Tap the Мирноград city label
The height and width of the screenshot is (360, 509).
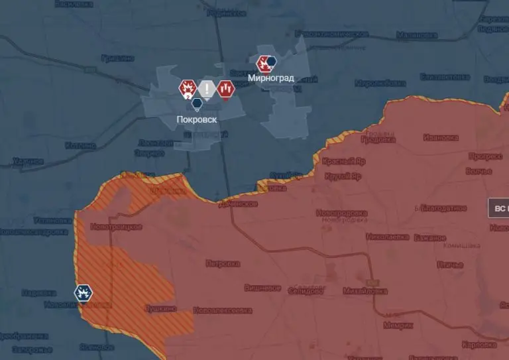(271, 78)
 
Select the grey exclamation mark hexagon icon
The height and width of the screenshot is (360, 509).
(207, 88)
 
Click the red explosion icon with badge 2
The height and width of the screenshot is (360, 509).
(188, 88)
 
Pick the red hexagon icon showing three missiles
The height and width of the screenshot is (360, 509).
(226, 88)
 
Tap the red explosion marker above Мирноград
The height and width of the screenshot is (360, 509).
(264, 64)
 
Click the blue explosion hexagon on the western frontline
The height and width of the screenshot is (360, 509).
(84, 292)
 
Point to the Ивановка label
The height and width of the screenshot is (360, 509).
(441, 138)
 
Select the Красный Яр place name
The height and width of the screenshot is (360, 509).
(344, 161)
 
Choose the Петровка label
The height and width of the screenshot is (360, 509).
(222, 263)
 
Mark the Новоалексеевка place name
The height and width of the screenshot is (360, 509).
(223, 310)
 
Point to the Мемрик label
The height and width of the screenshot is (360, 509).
(398, 325)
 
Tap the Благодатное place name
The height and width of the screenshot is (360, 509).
(443, 208)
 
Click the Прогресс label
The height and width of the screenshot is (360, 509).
(484, 156)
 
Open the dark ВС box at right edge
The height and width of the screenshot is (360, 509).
(498, 208)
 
